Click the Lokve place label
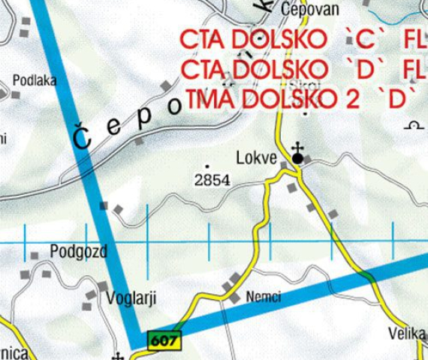click(x=256, y=159)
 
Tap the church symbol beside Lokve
click(x=297, y=155)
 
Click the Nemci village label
click(x=263, y=297)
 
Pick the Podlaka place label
click(x=35, y=80)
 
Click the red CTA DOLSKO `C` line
click(x=297, y=38)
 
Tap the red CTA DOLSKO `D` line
click(x=297, y=69)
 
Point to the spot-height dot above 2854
click(x=207, y=166)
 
